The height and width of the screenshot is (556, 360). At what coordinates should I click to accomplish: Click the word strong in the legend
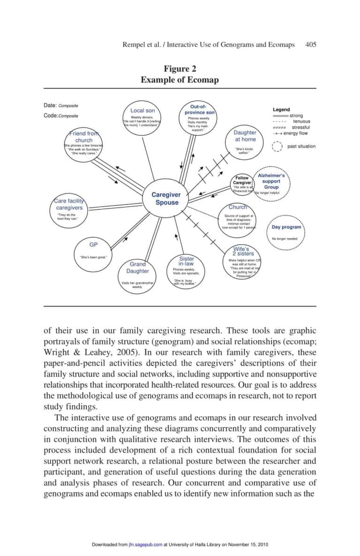coord(296,116)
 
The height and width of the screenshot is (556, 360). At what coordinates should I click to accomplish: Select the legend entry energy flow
coord(296,133)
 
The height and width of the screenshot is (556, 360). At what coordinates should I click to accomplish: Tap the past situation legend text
coord(300,146)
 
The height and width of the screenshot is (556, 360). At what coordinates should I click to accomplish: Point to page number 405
coord(310,44)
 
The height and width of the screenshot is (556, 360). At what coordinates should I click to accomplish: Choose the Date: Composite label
coord(61,105)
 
